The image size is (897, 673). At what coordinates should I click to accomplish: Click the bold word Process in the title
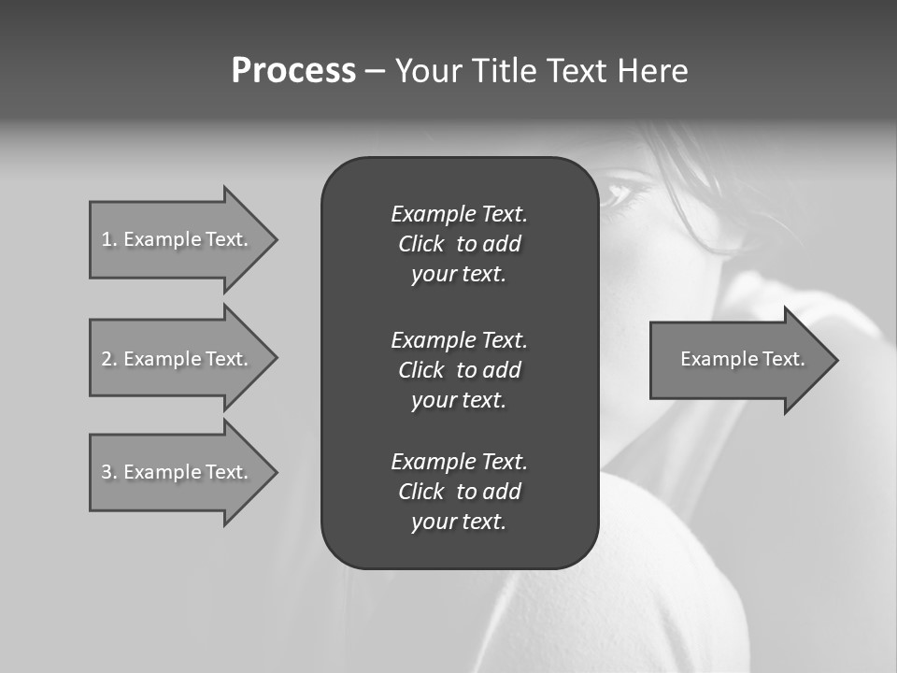(x=293, y=71)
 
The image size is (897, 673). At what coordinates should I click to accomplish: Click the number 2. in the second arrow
(x=109, y=359)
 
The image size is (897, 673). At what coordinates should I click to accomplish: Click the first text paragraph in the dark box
(x=459, y=244)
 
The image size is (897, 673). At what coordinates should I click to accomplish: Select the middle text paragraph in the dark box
(x=459, y=370)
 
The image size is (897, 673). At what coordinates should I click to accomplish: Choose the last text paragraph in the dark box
(x=459, y=492)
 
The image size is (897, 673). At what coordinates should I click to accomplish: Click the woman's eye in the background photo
(x=619, y=193)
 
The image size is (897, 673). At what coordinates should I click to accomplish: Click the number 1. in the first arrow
(x=109, y=239)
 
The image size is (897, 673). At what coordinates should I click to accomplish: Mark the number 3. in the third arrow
(x=109, y=472)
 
